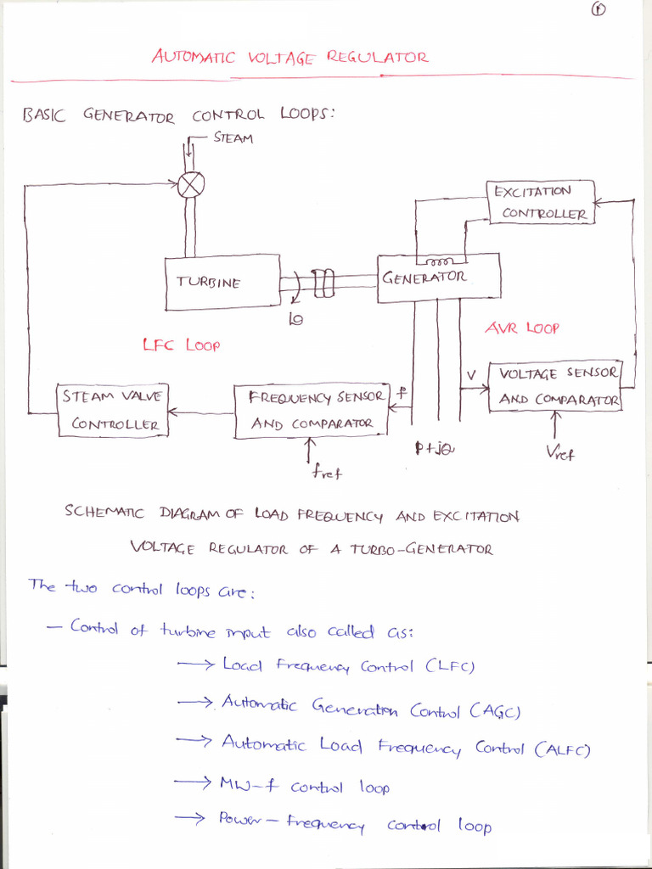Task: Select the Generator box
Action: click(439, 278)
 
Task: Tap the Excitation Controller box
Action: click(541, 203)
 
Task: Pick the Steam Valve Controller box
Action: click(114, 411)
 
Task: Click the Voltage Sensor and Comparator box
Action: click(555, 386)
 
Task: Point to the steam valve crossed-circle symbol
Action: click(191, 184)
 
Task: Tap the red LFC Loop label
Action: click(182, 345)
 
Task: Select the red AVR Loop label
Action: click(521, 328)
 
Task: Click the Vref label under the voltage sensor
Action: click(559, 453)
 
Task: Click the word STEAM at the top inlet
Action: click(233, 138)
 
